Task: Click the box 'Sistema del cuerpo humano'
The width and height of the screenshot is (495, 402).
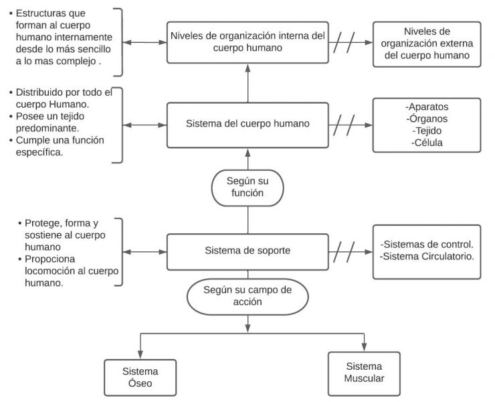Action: tap(248, 125)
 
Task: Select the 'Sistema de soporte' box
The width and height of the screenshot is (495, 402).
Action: tap(248, 252)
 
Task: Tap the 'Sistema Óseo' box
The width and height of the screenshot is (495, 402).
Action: tap(140, 377)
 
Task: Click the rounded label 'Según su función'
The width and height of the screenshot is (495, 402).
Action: tap(248, 187)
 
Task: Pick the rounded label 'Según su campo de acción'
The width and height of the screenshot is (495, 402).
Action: tap(248, 295)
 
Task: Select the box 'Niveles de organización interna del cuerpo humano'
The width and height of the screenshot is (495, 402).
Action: tap(248, 42)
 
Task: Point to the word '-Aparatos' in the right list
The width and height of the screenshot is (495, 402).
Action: tap(427, 107)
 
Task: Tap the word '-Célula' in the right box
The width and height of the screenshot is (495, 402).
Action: tap(427, 143)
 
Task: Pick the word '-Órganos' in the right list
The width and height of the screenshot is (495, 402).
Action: tap(427, 119)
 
